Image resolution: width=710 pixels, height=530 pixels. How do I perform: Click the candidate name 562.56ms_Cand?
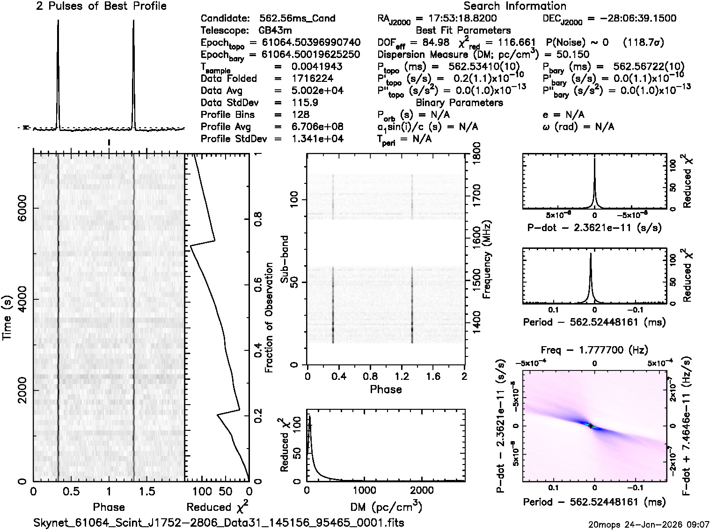297,18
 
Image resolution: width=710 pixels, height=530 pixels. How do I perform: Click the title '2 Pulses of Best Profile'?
101,6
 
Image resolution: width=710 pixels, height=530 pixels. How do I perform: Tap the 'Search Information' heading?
514,6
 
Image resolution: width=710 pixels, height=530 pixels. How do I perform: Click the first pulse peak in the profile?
58,22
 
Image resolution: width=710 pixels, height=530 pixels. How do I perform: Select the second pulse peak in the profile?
134,22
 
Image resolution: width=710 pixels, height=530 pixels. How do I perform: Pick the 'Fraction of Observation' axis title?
269,318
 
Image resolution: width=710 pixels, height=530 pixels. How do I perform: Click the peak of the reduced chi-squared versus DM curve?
309,417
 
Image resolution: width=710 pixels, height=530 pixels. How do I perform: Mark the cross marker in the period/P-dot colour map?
591,426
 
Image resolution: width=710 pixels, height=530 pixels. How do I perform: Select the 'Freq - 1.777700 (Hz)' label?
594,350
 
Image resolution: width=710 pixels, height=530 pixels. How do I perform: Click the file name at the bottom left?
219,522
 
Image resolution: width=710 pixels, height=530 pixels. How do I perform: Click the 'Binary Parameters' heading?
459,102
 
